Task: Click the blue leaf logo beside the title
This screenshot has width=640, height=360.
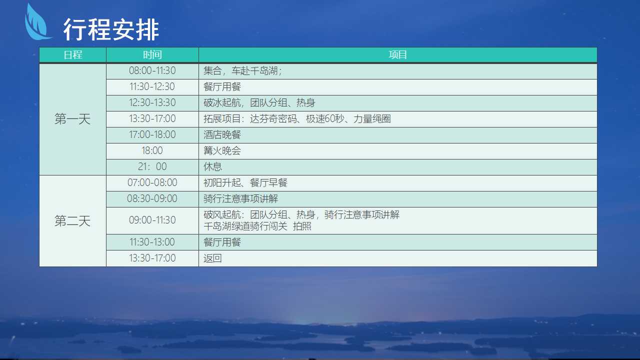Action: pos(37,23)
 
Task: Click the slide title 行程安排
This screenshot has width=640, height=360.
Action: pos(111,29)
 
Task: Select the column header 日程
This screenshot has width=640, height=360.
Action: pos(73,54)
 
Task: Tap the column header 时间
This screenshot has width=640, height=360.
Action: pos(152,54)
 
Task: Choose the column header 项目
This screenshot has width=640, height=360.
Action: pos(397,54)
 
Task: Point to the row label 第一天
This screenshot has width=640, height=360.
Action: pos(72,119)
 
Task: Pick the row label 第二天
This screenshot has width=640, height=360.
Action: pos(72,221)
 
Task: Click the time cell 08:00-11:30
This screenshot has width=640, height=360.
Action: pos(152,70)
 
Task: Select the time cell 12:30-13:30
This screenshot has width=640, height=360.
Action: pos(152,102)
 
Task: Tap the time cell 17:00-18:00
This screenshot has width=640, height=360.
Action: pos(152,134)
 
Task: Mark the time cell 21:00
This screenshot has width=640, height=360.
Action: pos(152,166)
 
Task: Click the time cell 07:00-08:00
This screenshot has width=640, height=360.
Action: pos(152,182)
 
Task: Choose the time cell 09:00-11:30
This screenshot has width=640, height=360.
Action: pos(152,220)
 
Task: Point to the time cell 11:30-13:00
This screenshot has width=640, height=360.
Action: pos(152,242)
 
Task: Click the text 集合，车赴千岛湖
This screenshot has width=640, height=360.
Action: pos(240,70)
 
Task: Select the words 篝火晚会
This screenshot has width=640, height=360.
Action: pos(222,150)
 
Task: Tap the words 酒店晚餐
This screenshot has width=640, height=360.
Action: pos(222,134)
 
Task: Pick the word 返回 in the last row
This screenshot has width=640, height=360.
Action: pos(212,258)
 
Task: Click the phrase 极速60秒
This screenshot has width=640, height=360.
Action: pos(325,118)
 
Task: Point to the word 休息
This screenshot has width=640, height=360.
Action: pos(212,166)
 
